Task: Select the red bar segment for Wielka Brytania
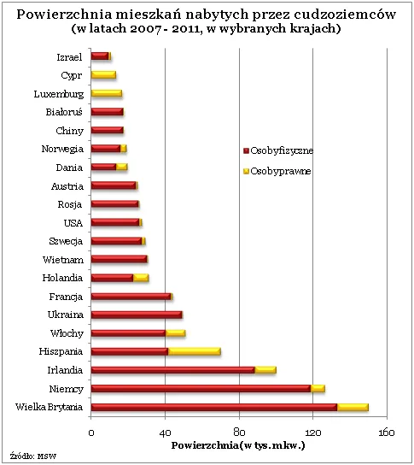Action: (213, 407)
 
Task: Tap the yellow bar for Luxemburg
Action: (107, 93)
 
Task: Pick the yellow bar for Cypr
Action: (103, 75)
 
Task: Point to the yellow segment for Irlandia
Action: (265, 370)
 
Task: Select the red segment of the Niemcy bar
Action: (201, 388)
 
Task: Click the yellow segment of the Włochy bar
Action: (175, 333)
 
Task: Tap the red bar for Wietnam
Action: (119, 259)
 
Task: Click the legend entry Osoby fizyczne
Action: (282, 150)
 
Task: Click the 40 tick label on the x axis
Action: (166, 432)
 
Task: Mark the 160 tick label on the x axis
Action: (388, 432)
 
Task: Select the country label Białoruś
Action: (64, 112)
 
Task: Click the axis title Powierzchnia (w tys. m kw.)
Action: (238, 445)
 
